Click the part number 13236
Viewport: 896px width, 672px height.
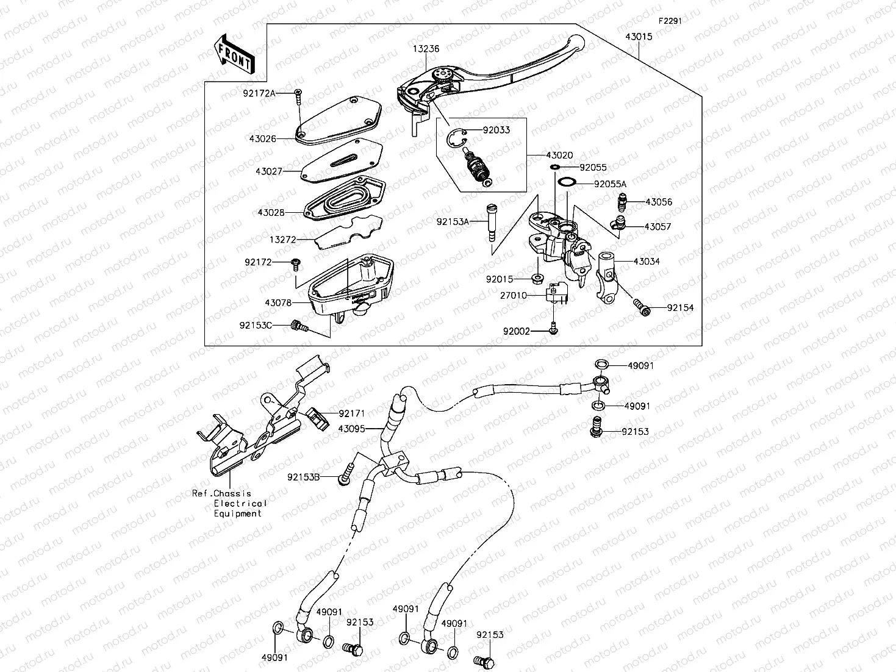[425, 49]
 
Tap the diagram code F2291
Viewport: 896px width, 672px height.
[669, 21]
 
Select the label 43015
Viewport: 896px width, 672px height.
[639, 37]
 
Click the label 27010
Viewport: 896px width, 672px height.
[514, 295]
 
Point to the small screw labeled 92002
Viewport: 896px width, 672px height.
[553, 329]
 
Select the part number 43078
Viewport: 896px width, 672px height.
[279, 302]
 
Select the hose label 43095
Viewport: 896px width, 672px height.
[351, 429]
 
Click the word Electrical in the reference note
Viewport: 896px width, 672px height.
[240, 504]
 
